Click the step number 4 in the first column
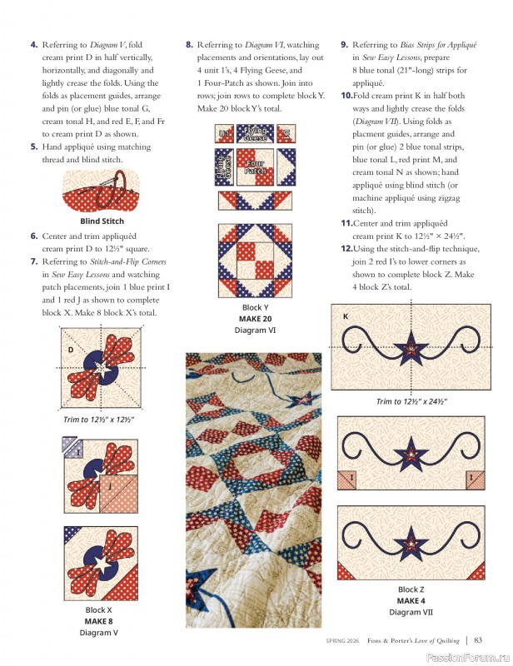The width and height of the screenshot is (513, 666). click(x=34, y=44)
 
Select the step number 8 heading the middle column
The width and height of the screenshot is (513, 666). click(x=189, y=44)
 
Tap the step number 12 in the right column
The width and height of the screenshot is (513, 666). click(x=346, y=249)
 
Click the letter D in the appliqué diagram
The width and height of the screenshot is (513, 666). click(x=72, y=350)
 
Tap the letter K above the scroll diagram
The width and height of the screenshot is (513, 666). click(x=345, y=317)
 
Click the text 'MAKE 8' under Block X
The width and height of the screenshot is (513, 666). click(x=98, y=621)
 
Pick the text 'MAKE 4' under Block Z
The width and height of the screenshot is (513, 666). click(x=411, y=600)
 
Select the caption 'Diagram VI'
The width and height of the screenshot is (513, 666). click(x=254, y=330)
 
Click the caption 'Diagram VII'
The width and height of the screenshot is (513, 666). click(x=411, y=612)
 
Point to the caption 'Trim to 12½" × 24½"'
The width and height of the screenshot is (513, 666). click(x=411, y=401)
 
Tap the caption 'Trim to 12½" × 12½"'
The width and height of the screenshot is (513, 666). click(x=100, y=420)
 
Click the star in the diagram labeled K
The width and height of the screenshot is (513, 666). click(x=410, y=347)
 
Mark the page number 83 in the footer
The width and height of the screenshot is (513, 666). click(x=479, y=639)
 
